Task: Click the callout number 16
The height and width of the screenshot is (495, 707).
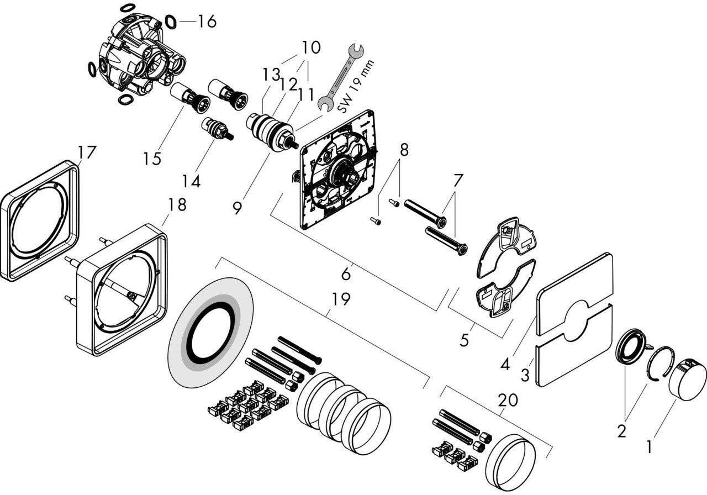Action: tap(207, 22)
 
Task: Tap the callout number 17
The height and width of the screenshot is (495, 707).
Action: tap(87, 152)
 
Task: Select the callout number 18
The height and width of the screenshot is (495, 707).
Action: tap(177, 205)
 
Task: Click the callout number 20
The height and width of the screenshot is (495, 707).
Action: tap(508, 400)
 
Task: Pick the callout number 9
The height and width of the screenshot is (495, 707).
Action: tap(237, 208)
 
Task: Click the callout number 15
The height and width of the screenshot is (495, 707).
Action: tap(152, 159)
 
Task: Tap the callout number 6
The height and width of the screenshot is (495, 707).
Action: tap(346, 273)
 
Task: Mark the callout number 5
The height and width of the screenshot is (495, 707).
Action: tap(464, 339)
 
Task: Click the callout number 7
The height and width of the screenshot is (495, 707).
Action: tap(458, 181)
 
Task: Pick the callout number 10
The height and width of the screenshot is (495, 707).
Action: tap(311, 48)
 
